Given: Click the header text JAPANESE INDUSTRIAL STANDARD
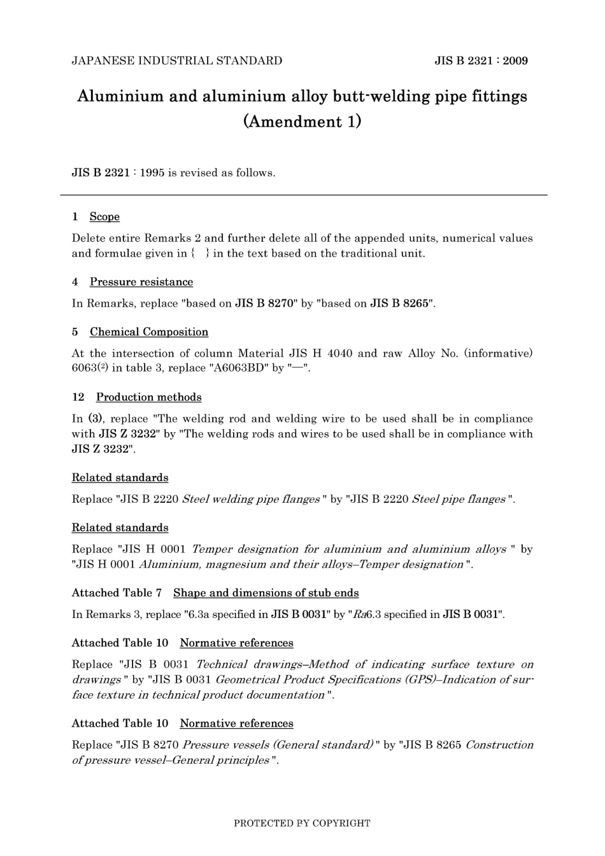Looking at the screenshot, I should pyautogui.click(x=177, y=61).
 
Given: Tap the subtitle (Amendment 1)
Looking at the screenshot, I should pyautogui.click(x=302, y=121).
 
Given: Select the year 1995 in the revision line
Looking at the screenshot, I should pyautogui.click(x=152, y=173).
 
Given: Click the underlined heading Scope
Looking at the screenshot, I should pyautogui.click(x=104, y=217).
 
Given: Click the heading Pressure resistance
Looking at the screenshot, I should pyautogui.click(x=141, y=282).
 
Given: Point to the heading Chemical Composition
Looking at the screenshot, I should pyautogui.click(x=149, y=332).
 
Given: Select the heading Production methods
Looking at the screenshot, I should pyautogui.click(x=149, y=397).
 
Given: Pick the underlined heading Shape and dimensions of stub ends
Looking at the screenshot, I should pyautogui.click(x=266, y=593).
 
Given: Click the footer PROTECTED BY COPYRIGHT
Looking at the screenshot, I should pyautogui.click(x=302, y=823).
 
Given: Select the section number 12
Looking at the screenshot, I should pyautogui.click(x=78, y=397).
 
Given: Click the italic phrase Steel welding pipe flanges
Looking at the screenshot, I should pyautogui.click(x=251, y=500).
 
